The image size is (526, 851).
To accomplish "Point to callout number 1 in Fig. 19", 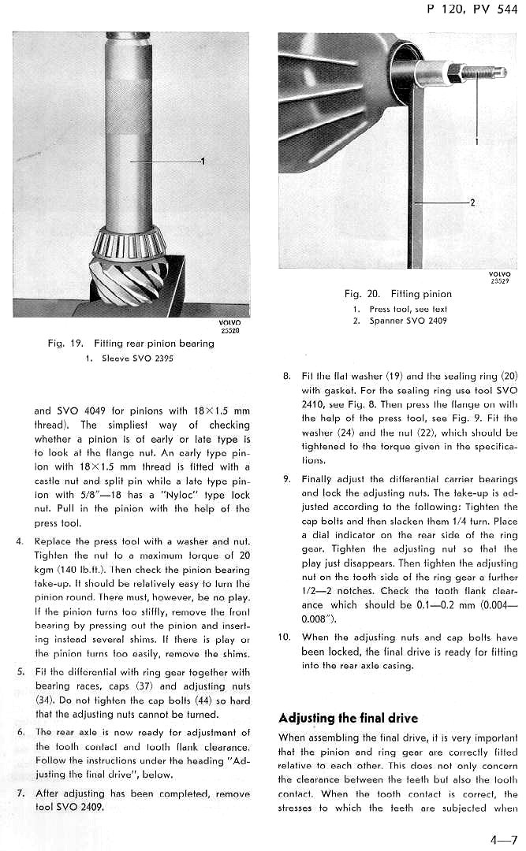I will [203, 162].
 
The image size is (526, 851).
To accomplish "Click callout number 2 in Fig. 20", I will [472, 203].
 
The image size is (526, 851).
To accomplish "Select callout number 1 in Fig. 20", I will [477, 142].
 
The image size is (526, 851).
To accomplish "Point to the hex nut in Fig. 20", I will [455, 73].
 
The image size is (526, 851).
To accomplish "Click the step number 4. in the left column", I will [20, 541].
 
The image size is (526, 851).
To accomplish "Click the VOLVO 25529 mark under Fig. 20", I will [500, 277].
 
